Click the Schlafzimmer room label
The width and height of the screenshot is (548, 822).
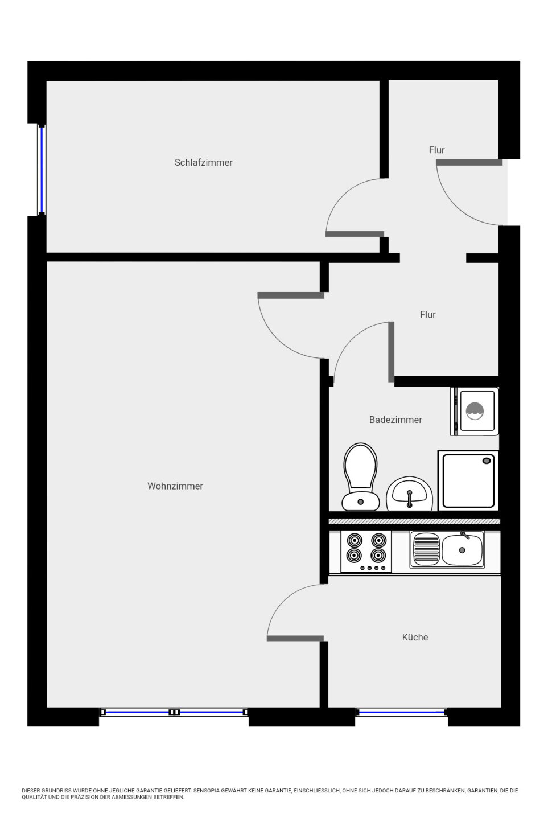203,162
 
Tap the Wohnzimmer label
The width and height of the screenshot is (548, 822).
175,486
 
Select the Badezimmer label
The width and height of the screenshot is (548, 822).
395,420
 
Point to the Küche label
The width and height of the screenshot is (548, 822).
415,637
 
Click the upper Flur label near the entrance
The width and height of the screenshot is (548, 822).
436,150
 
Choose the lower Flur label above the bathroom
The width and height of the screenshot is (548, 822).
428,314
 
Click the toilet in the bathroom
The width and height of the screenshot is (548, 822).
361,476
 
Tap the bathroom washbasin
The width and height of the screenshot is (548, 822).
409,494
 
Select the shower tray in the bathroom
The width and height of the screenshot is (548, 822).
468,480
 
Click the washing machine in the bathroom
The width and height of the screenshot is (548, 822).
475,412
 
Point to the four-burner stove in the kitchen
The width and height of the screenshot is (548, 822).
366,552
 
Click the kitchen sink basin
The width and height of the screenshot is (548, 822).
462,550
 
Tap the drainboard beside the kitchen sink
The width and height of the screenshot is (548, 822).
427,550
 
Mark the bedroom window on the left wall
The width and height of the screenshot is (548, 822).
42,170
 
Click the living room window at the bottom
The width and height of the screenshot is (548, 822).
174,712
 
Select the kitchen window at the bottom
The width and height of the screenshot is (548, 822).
402,712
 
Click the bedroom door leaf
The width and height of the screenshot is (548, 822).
355,234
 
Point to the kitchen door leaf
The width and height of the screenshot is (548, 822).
295,639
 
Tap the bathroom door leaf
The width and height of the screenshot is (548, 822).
392,352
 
